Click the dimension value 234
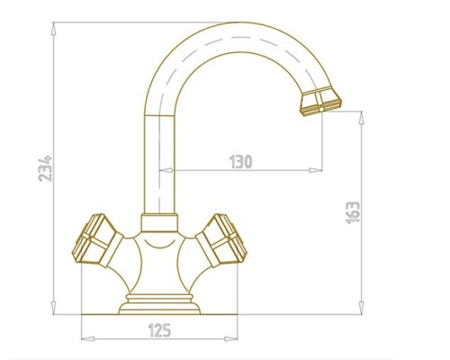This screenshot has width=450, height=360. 45,168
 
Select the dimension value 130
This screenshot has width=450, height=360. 241,162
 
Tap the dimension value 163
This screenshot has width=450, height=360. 353,212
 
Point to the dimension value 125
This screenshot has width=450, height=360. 159,330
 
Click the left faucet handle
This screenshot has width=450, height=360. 97,240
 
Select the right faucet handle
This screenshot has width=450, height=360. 221,240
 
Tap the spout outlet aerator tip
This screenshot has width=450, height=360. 320,101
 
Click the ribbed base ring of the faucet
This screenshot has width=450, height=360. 159,304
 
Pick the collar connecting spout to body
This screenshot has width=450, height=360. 159,223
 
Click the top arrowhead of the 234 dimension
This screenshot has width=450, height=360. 54,30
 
